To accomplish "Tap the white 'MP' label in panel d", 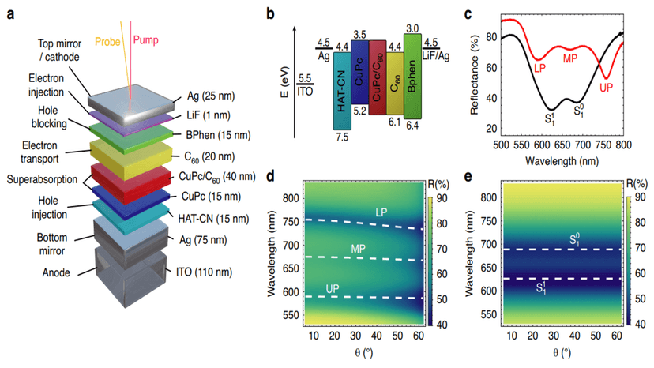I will click(x=360, y=249).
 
